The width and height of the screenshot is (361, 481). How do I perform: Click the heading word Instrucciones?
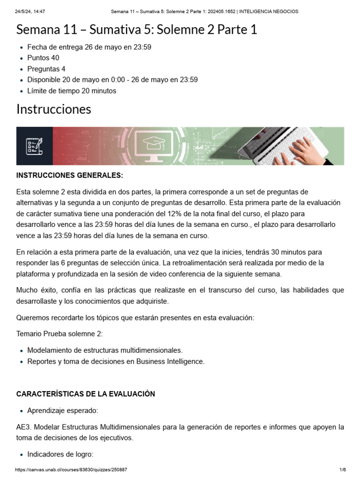click(x=54, y=109)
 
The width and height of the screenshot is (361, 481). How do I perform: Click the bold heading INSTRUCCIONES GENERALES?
click(x=70, y=175)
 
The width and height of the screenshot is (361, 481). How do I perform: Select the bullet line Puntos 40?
click(x=43, y=58)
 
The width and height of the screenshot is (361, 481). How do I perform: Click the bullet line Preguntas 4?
click(x=47, y=69)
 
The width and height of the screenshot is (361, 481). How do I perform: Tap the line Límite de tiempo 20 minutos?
click(x=71, y=91)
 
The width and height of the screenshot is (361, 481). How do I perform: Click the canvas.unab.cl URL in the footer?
click(x=71, y=470)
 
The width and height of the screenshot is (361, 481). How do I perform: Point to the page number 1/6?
click(x=343, y=470)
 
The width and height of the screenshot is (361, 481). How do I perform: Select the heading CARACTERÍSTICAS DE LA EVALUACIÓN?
click(x=86, y=394)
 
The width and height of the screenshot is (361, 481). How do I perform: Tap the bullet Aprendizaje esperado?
click(x=63, y=411)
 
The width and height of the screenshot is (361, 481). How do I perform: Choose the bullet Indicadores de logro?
click(x=60, y=454)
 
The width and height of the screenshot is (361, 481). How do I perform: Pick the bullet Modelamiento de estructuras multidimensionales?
click(x=104, y=350)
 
